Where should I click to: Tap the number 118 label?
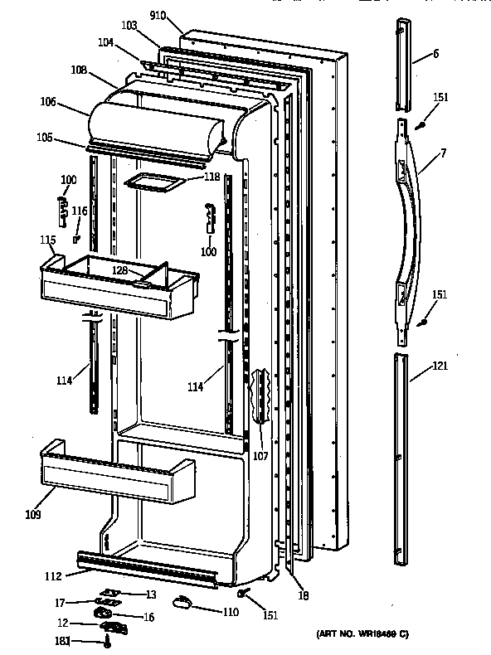pos(211,177)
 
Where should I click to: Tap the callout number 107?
pos(260,456)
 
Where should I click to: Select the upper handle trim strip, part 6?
pos(404,63)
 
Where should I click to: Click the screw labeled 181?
pos(108,641)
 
